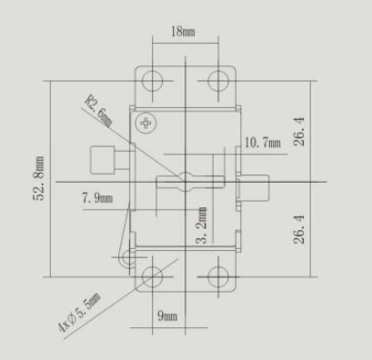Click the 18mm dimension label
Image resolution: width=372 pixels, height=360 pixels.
183,31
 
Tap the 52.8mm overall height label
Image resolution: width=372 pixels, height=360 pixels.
38,178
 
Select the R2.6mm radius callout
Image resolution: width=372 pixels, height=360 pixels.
99,111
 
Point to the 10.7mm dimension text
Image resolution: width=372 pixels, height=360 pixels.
263,143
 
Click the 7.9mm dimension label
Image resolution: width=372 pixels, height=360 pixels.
97,198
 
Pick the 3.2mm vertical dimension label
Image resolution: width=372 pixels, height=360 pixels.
202,225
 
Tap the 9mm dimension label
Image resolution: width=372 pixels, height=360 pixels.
167,316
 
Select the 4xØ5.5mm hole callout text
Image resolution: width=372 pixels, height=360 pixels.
79,313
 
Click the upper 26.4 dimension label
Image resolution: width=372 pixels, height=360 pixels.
299,132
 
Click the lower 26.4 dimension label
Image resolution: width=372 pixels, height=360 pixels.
299,229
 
